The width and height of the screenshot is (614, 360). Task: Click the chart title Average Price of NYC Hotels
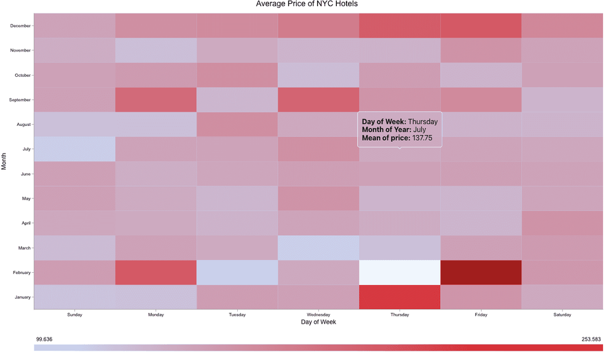(307, 4)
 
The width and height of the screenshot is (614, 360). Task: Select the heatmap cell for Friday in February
(481, 272)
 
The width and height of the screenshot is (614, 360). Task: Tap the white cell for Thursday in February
(399, 272)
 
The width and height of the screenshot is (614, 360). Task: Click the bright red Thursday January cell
(399, 297)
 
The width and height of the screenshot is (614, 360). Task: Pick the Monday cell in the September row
(155, 100)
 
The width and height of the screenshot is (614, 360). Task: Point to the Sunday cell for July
(74, 149)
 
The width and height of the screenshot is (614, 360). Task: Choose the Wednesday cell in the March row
(318, 248)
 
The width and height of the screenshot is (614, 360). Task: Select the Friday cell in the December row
(481, 25)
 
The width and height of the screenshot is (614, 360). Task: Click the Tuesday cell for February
(237, 272)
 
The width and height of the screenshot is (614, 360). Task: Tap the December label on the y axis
(20, 25)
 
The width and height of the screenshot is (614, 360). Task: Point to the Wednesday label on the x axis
(318, 315)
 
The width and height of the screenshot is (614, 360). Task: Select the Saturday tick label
(562, 315)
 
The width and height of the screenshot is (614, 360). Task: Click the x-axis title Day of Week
(318, 323)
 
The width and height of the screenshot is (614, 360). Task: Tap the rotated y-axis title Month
(4, 161)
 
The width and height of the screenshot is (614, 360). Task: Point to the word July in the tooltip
(419, 130)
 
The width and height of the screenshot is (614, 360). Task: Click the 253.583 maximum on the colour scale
(592, 338)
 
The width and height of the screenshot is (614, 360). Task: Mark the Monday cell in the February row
(155, 272)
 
